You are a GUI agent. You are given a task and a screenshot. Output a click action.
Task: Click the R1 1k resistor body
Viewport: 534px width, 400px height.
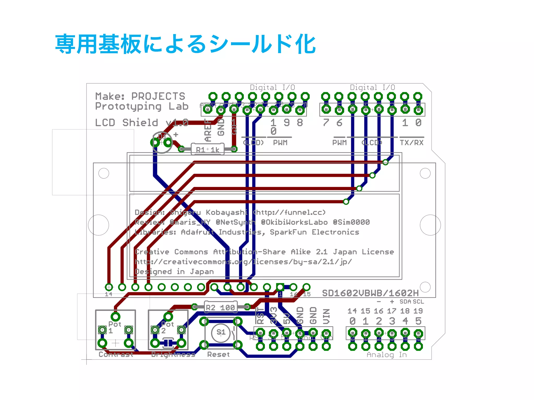point(208,149)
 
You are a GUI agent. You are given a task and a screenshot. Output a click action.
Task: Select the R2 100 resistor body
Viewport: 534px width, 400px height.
point(220,307)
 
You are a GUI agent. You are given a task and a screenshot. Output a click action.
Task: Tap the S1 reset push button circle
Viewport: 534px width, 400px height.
point(221,332)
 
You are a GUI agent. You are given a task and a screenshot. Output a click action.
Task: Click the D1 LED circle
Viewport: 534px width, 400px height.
point(162,142)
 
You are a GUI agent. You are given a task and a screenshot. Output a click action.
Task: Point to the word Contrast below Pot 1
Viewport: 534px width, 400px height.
point(116,354)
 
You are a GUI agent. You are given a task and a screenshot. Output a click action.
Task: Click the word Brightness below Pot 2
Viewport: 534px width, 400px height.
point(173,354)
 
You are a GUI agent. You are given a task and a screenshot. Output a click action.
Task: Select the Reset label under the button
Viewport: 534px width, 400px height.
point(219,354)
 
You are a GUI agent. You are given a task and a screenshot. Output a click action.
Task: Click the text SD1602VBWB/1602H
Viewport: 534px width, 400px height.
point(370,293)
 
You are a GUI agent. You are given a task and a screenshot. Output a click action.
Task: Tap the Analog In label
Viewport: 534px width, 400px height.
point(387,355)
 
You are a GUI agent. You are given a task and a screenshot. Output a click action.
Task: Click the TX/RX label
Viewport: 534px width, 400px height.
point(412,143)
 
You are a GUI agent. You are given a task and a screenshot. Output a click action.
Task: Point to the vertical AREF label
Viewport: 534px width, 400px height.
point(208,130)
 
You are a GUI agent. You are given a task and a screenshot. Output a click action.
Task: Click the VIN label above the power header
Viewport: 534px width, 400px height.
point(326,316)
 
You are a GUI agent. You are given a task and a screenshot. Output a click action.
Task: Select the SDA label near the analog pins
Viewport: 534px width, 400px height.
point(405,302)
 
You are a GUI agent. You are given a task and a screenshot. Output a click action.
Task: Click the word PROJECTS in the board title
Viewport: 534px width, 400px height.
point(158,96)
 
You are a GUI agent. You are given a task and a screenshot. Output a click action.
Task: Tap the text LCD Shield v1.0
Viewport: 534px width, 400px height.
point(142,122)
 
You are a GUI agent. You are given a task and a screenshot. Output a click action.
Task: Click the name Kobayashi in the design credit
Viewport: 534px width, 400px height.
point(226,213)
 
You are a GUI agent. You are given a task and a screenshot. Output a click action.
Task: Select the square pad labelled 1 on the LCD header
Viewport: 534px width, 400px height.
point(280,287)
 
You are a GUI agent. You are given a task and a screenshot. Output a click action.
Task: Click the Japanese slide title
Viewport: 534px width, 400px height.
point(185,44)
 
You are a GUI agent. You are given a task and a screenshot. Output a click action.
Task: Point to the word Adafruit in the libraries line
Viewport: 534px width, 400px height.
point(197,232)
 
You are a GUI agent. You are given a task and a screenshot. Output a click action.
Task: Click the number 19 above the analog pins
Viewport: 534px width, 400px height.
point(418,311)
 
